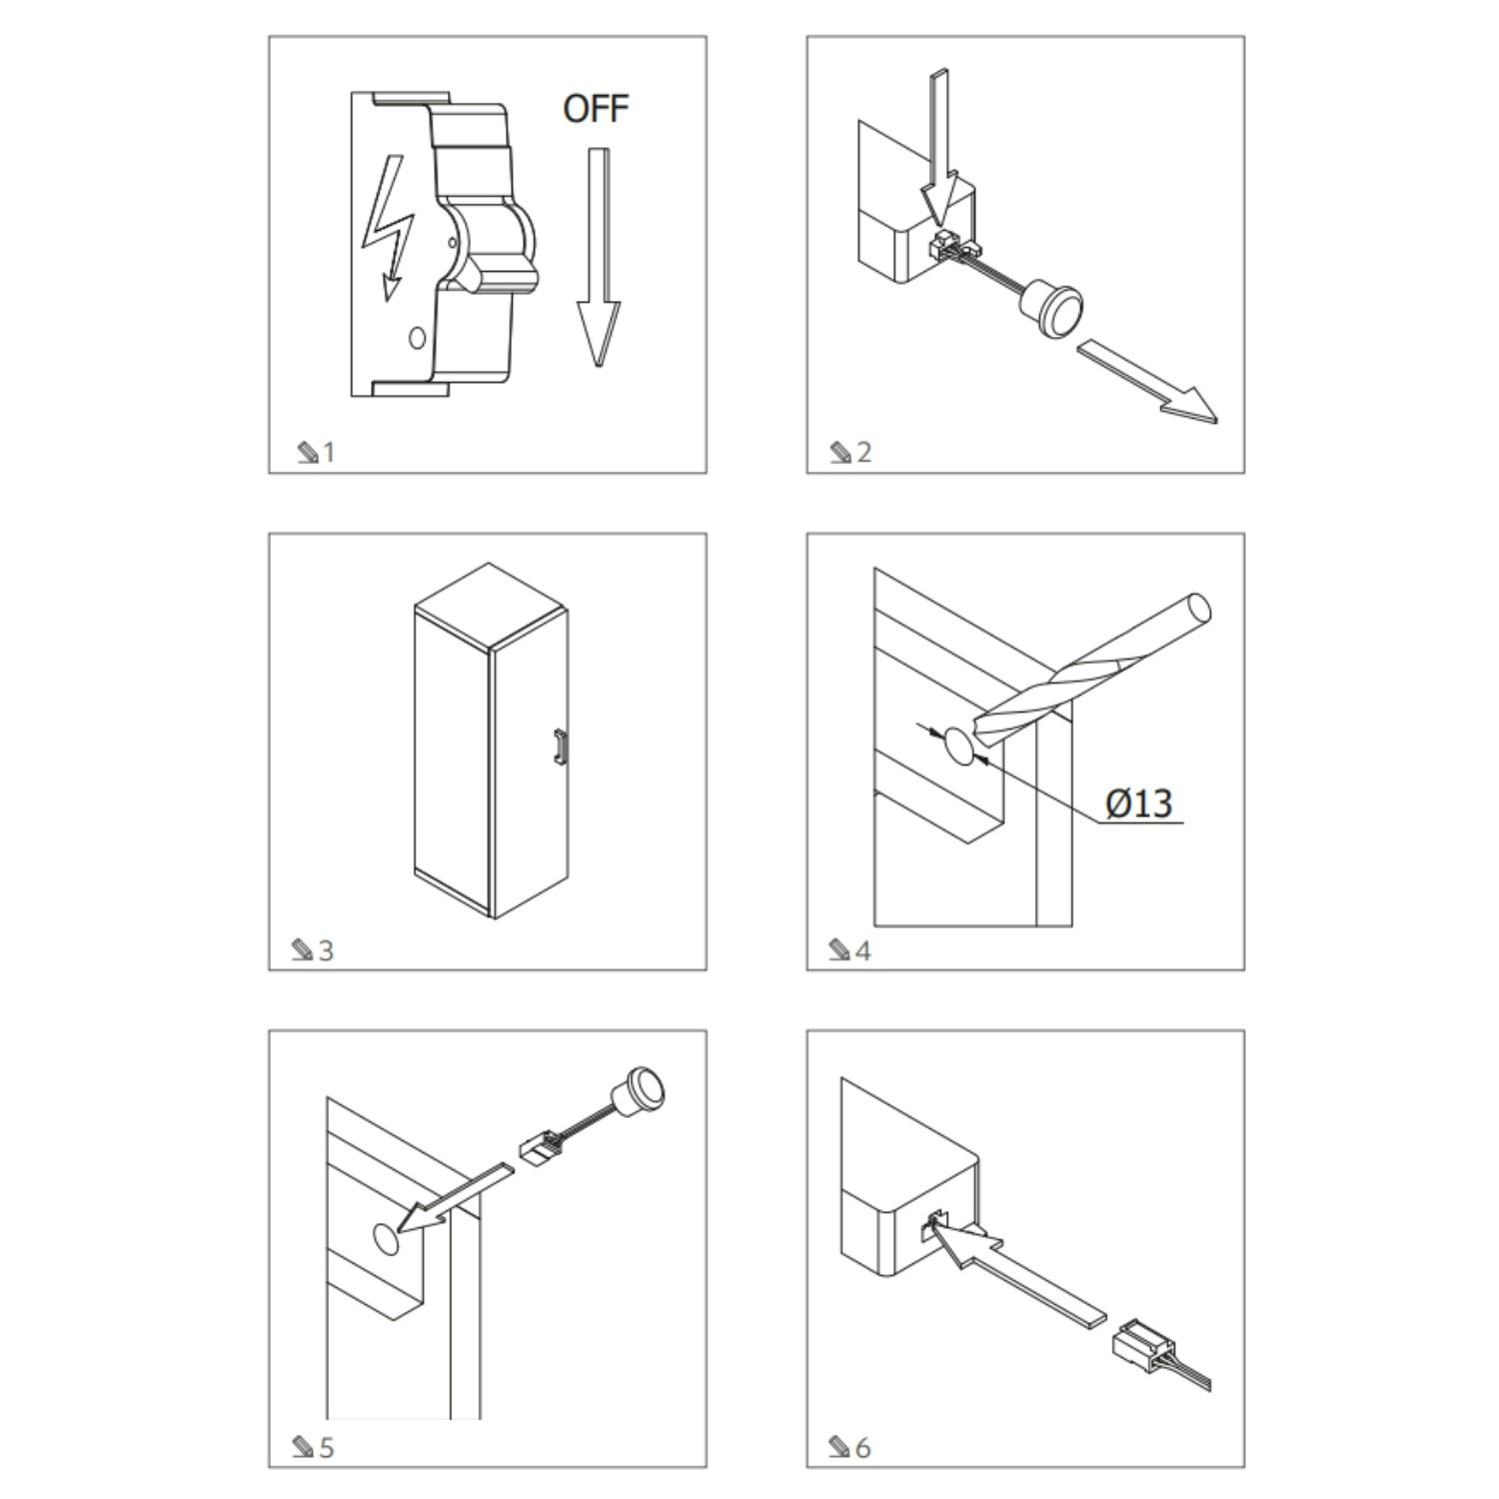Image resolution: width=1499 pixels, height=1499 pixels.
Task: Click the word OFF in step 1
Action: click(x=596, y=108)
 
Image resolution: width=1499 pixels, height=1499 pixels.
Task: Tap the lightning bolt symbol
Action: click(x=388, y=228)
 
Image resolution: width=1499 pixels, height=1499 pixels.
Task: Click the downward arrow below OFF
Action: click(x=598, y=257)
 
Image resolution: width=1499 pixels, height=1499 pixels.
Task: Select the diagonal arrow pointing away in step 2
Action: click(x=1147, y=381)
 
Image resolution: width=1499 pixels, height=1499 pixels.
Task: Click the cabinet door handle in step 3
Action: click(x=561, y=748)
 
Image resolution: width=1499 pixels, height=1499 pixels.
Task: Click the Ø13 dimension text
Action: click(x=1139, y=802)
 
